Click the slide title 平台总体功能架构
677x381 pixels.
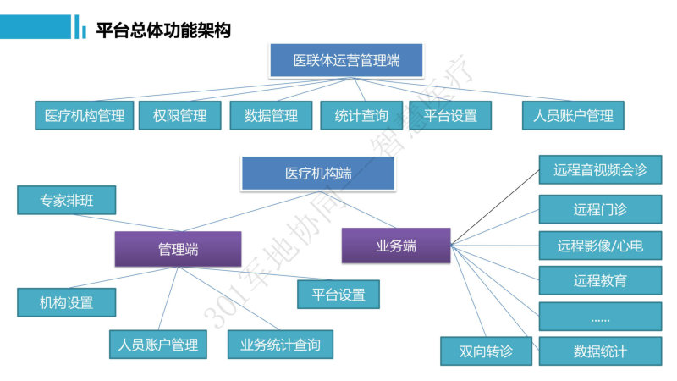click(x=163, y=30)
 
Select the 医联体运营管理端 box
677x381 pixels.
click(x=346, y=60)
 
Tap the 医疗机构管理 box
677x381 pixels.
click(x=85, y=115)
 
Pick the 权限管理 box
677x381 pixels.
click(x=180, y=115)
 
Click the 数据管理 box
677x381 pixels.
click(x=271, y=115)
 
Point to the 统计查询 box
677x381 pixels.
click(x=361, y=115)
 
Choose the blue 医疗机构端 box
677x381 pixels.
click(x=318, y=174)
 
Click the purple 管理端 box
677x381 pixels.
click(x=179, y=249)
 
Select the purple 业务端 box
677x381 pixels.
click(x=396, y=246)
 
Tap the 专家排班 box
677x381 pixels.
click(x=67, y=200)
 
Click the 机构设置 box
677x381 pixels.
click(x=67, y=302)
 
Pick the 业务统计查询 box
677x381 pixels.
click(x=281, y=345)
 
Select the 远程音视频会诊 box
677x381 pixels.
click(x=600, y=170)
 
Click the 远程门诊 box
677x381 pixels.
click(x=600, y=209)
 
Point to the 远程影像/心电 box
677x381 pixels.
click(x=600, y=246)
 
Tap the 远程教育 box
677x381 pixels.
click(x=600, y=280)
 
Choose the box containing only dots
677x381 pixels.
click(x=600, y=316)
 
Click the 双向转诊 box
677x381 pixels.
click(x=486, y=351)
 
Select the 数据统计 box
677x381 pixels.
click(x=600, y=351)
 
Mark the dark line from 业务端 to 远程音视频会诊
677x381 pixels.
click(x=495, y=207)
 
